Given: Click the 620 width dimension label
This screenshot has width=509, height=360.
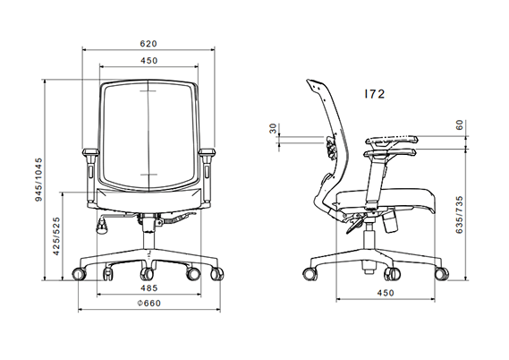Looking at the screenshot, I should [148, 42].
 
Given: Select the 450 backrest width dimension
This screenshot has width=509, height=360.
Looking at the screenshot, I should [148, 60].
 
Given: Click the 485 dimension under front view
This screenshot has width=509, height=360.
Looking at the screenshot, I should [148, 288].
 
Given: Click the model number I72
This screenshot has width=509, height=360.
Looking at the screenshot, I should [374, 93].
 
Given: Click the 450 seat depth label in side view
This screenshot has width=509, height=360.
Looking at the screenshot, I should [384, 292].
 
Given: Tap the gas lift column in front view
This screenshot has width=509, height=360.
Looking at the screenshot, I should [148, 235].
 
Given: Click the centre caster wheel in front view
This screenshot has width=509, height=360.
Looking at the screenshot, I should [146, 273].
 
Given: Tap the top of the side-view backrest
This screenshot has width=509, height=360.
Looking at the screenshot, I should [313, 83].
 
